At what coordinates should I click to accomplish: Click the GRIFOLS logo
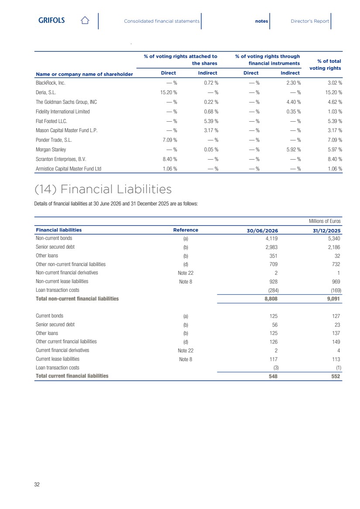click(51, 20)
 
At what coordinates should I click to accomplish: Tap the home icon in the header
click(85, 20)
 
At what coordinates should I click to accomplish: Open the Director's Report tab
click(310, 21)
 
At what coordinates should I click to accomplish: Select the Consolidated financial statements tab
click(161, 21)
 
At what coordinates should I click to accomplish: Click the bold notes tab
click(261, 21)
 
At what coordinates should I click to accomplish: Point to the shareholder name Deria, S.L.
click(46, 92)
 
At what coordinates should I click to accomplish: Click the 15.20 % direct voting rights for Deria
click(168, 92)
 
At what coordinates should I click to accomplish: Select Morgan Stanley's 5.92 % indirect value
click(294, 150)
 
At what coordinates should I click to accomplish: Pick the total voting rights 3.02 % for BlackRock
click(335, 83)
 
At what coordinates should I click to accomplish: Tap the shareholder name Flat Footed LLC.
click(51, 121)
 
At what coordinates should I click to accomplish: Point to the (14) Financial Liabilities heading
click(103, 189)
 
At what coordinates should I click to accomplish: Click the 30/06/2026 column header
click(262, 231)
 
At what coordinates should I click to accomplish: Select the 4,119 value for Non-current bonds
click(271, 238)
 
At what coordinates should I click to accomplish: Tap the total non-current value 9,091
click(334, 299)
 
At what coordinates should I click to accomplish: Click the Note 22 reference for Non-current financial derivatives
click(185, 273)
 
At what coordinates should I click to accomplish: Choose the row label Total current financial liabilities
click(72, 376)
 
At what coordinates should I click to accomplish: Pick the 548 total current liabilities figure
click(273, 376)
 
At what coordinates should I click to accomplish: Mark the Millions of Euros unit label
click(325, 221)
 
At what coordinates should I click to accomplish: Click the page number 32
click(37, 484)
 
